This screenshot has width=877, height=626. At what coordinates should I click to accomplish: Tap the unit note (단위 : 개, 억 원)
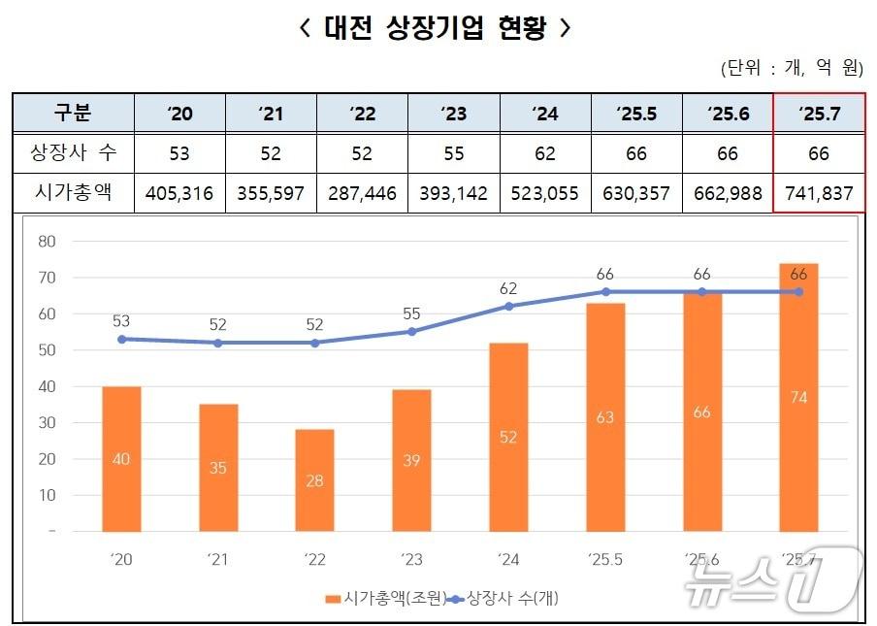pyautogui.click(x=791, y=68)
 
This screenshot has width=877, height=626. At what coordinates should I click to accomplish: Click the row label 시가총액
pyautogui.click(x=73, y=193)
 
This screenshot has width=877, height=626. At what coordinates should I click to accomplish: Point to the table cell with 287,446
pyautogui.click(x=362, y=193)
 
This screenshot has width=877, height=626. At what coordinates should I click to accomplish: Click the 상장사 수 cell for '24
pyautogui.click(x=544, y=153)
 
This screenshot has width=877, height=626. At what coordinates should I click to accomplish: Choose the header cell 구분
pyautogui.click(x=73, y=113)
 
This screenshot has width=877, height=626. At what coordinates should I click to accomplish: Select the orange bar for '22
pyautogui.click(x=314, y=480)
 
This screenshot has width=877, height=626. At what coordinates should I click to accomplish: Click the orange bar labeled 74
pyautogui.click(x=798, y=398)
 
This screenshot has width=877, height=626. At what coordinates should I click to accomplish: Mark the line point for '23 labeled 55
pyautogui.click(x=411, y=331)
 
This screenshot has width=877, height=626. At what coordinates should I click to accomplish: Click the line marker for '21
pyautogui.click(x=217, y=343)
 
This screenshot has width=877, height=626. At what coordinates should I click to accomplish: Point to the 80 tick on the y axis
pyautogui.click(x=47, y=241)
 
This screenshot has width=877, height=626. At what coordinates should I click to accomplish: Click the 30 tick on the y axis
pyautogui.click(x=47, y=422)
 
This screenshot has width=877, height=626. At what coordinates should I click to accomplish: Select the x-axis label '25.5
pyautogui.click(x=605, y=558)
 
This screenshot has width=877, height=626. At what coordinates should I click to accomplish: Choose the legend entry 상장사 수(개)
pyautogui.click(x=503, y=598)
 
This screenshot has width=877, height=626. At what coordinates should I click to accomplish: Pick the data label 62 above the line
pyautogui.click(x=508, y=288)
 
